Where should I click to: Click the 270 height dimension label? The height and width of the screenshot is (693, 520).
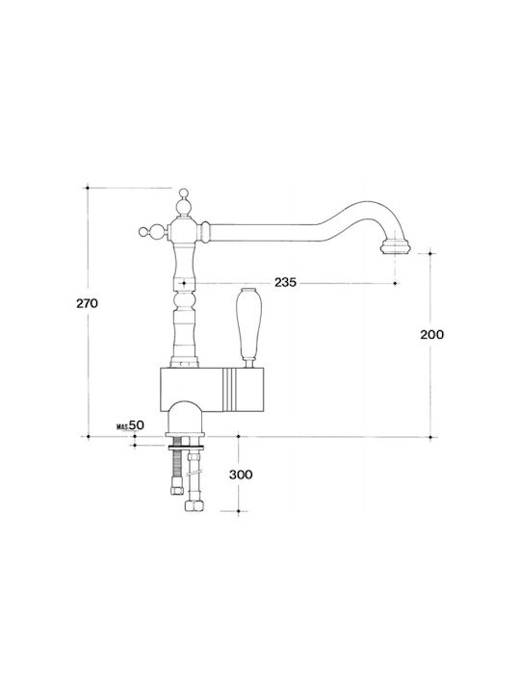tap(87, 303)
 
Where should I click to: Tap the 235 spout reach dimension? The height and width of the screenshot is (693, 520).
tap(285, 282)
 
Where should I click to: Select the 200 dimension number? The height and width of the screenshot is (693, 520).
tap(431, 335)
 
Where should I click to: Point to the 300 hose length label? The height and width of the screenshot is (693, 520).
tap(241, 475)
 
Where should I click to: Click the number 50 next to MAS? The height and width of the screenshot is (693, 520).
tap(137, 425)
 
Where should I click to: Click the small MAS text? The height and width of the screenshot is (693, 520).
tap(122, 427)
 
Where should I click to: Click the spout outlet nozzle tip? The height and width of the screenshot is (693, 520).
tap(396, 246)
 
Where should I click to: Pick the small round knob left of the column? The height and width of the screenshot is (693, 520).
tap(143, 231)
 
